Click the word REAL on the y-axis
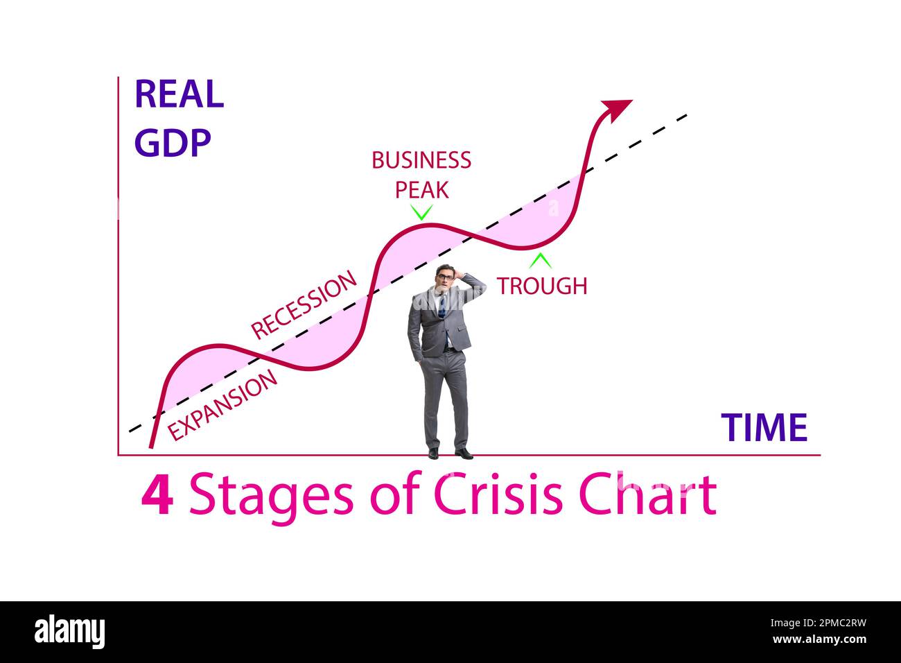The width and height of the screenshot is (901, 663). click(179, 94)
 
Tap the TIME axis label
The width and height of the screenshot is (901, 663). click(764, 427)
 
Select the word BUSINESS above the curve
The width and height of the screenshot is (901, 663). click(421, 160)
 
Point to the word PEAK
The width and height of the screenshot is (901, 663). click(421, 189)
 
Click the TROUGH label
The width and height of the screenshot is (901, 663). click(541, 285)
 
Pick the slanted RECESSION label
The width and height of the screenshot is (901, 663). click(304, 305)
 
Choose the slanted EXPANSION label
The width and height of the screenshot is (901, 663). click(223, 405)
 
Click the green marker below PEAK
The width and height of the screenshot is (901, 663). click(421, 212)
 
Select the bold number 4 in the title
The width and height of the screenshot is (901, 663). click(157, 495)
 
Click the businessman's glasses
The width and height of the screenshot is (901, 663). click(444, 277)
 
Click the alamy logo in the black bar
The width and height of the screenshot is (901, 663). click(69, 632)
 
